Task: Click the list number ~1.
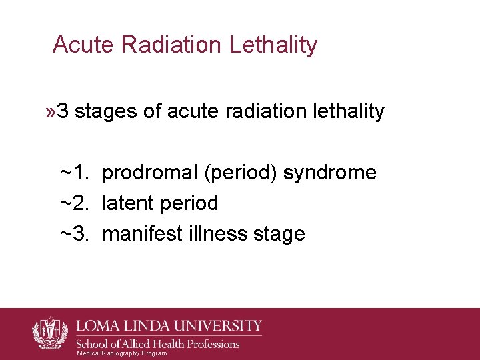[75, 173]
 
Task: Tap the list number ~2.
[75, 203]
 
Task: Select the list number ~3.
[75, 234]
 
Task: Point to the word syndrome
[330, 173]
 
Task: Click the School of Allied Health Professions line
[159, 344]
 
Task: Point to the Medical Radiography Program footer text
[121, 353]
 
